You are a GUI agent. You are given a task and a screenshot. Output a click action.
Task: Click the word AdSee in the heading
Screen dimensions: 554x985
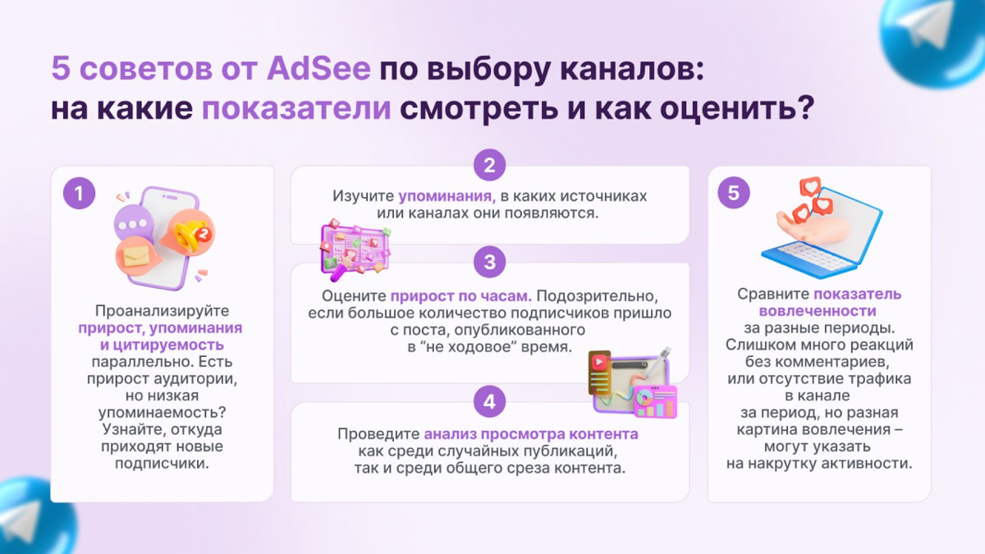[318, 68]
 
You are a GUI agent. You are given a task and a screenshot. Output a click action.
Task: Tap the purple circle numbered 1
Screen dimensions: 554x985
[80, 194]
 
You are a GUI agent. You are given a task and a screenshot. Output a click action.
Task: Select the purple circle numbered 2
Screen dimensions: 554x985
[489, 166]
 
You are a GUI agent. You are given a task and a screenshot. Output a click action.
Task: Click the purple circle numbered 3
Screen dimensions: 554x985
[489, 263]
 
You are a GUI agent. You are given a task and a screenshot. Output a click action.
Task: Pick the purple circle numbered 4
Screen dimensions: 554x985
[489, 402]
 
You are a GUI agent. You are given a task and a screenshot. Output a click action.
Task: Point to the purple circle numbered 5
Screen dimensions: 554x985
[734, 194]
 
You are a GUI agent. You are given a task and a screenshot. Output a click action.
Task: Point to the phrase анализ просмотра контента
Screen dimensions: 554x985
[531, 434]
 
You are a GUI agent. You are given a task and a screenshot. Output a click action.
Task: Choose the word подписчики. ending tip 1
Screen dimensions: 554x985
[161, 464]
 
